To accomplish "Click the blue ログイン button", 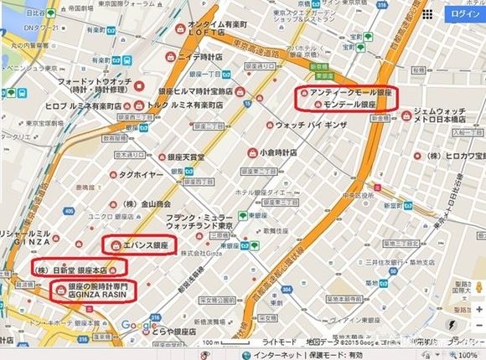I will click(463, 14).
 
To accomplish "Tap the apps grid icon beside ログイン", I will click(427, 14).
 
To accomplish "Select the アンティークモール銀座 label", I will click(351, 91).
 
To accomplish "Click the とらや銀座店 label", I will click(178, 330).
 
